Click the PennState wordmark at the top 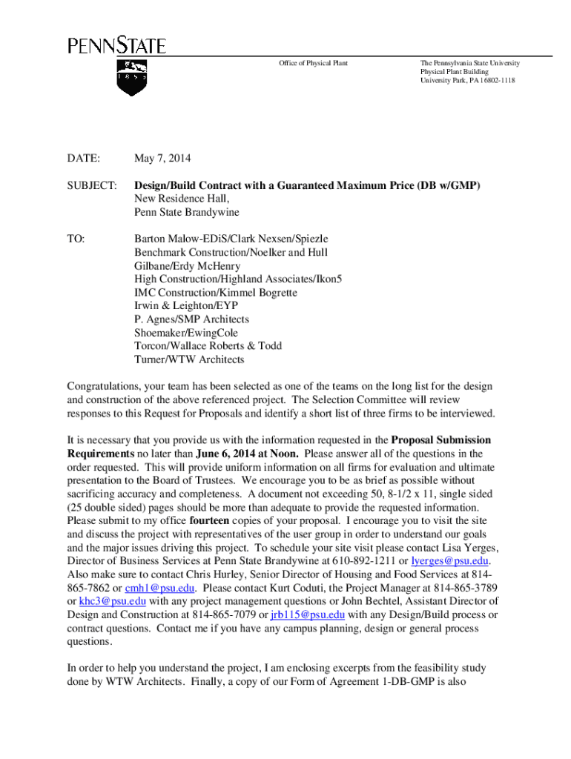coord(117,46)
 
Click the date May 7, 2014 coord(162,159)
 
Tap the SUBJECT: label coord(92,185)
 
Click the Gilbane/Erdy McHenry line coord(187,265)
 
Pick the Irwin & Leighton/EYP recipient coord(186,305)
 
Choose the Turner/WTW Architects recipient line coord(189,359)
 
